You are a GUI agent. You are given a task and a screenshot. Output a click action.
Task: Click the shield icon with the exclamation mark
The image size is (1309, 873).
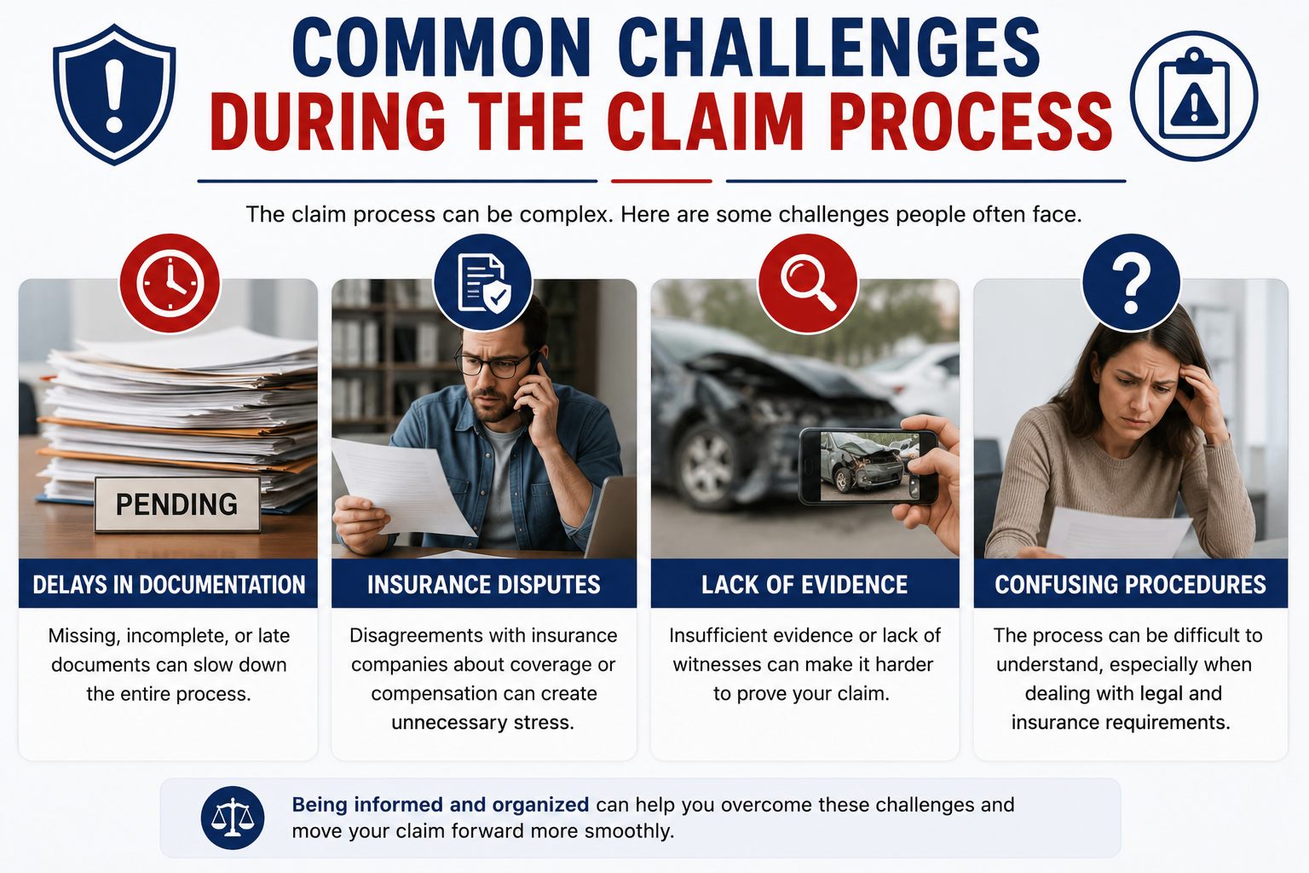pos(114,94)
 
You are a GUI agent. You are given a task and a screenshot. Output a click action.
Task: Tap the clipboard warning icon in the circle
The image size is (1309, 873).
pos(1193,95)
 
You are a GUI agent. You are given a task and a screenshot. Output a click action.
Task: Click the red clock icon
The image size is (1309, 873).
pos(170,283)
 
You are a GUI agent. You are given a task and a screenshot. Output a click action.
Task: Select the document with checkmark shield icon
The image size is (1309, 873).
pos(482,283)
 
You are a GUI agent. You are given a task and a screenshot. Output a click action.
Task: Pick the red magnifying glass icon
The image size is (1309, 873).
pos(808,283)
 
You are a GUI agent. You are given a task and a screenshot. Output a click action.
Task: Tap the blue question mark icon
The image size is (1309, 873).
pos(1132,283)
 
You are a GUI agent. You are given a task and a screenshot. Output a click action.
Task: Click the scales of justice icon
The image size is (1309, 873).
pos(233,818)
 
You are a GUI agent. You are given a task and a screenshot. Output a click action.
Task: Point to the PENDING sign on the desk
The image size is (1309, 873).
pos(177,504)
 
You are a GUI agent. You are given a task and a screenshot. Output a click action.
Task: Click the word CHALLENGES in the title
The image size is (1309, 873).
pos(828,48)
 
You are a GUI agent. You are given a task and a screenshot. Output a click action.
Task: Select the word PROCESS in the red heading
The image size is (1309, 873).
pos(970,122)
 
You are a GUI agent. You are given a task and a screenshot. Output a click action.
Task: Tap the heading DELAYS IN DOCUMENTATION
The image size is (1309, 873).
pos(169,584)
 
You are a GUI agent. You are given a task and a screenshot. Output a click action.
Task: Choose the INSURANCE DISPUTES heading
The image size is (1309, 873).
pos(484,584)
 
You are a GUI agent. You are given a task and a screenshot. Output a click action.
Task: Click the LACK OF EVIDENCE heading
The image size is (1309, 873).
pos(804,584)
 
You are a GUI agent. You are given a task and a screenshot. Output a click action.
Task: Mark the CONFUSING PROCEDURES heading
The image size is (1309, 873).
pos(1131,584)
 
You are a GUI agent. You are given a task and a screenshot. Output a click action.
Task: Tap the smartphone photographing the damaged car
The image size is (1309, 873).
pos(868,466)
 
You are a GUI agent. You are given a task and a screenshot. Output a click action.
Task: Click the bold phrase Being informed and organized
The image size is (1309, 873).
pos(440,805)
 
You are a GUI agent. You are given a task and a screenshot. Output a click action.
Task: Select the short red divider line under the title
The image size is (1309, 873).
pos(661,182)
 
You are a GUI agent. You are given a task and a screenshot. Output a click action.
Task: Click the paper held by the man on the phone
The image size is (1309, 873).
pos(403,485)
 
